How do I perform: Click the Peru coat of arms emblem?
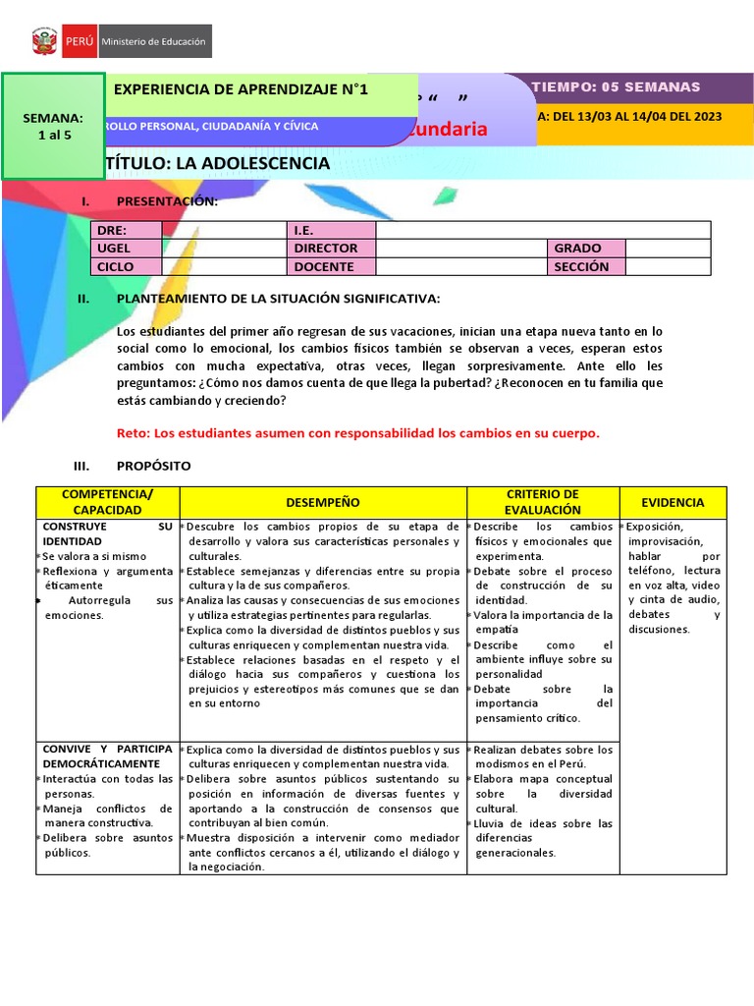tap(45, 42)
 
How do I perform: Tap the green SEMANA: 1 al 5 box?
tap(53, 126)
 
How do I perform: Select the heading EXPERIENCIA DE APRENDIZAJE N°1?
tap(241, 89)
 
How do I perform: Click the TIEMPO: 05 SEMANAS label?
tap(616, 87)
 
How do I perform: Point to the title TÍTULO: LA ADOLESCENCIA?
tap(217, 163)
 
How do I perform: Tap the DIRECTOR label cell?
tap(331, 249)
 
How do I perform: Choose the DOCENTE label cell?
tap(331, 267)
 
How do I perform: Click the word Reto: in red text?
tap(134, 432)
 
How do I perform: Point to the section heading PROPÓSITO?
tap(153, 466)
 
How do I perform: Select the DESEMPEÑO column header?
tap(323, 502)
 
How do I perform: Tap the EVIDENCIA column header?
tap(673, 502)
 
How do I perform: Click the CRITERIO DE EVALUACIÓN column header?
tap(542, 502)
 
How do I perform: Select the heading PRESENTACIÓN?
tap(167, 201)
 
